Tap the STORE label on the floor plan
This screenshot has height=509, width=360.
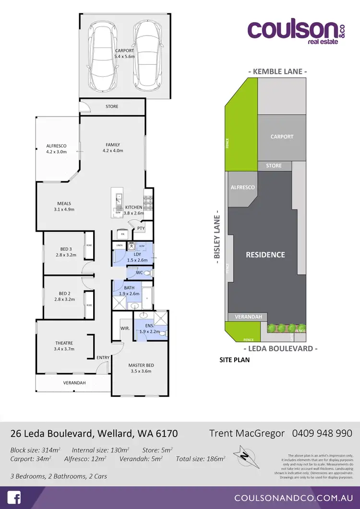pos(112,107)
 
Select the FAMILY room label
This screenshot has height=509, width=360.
pos(113,145)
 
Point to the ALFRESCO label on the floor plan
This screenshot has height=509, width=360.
pos(56,145)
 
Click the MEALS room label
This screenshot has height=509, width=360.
pos(64,203)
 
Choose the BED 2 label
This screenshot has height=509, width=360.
pos(65,293)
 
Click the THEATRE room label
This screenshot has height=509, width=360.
pos(64,343)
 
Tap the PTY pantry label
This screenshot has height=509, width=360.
pos(141,228)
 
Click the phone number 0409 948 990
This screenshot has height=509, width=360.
pos(322,433)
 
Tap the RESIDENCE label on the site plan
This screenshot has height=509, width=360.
pos(265,255)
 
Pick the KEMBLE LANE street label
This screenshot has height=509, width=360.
pos(277,71)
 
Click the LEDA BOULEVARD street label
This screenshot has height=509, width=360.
pos(280,349)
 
